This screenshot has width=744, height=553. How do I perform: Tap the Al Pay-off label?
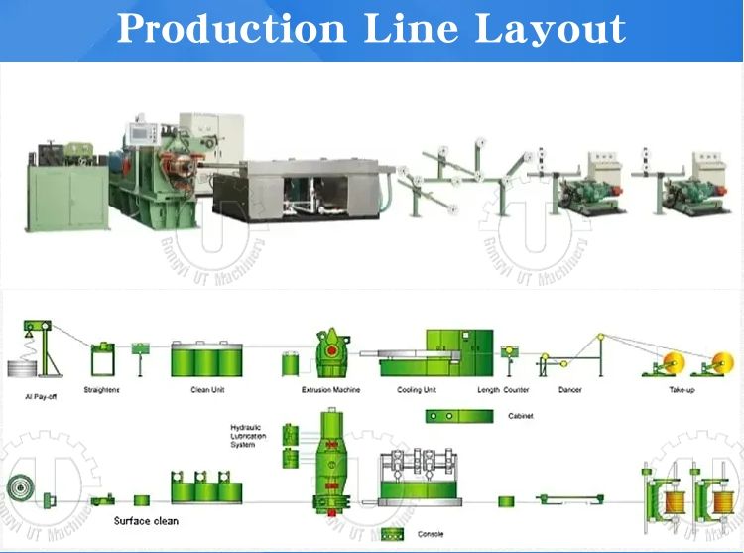(40, 395)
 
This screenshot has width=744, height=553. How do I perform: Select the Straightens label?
(102, 390)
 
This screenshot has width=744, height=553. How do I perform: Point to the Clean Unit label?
(207, 390)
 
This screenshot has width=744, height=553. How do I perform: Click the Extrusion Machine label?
(330, 390)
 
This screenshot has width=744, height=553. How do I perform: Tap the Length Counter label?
(503, 390)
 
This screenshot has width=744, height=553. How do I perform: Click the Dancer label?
(570, 390)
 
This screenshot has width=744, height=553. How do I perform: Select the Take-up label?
(684, 390)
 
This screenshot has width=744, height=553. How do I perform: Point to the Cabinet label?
(520, 416)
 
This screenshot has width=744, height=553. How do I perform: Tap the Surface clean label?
(146, 520)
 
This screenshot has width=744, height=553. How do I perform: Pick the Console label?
(431, 535)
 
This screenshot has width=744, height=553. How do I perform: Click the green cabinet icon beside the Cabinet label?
(452, 416)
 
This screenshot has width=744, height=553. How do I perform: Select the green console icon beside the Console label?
(393, 535)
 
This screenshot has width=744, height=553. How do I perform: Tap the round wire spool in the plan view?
(23, 492)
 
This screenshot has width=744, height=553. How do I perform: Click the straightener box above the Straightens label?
(101, 358)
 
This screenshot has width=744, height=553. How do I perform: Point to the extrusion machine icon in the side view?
(330, 352)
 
